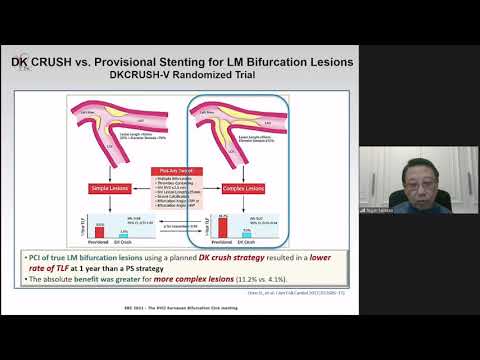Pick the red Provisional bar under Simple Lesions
pyautogui.click(x=100, y=235)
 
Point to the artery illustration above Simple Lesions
pyautogui.click(x=110, y=125)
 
